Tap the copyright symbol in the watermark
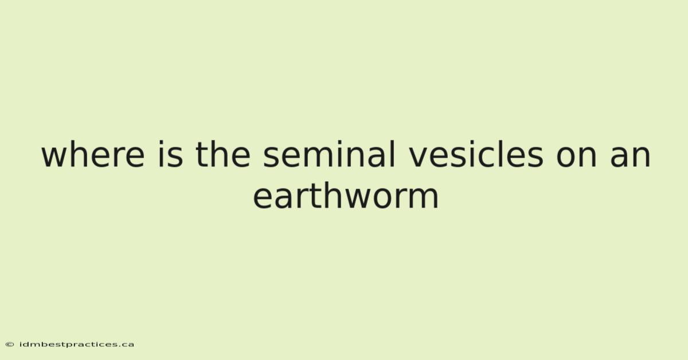coord(10,345)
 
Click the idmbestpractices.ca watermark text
coord(76,345)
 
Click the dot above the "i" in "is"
coord(161,143)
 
